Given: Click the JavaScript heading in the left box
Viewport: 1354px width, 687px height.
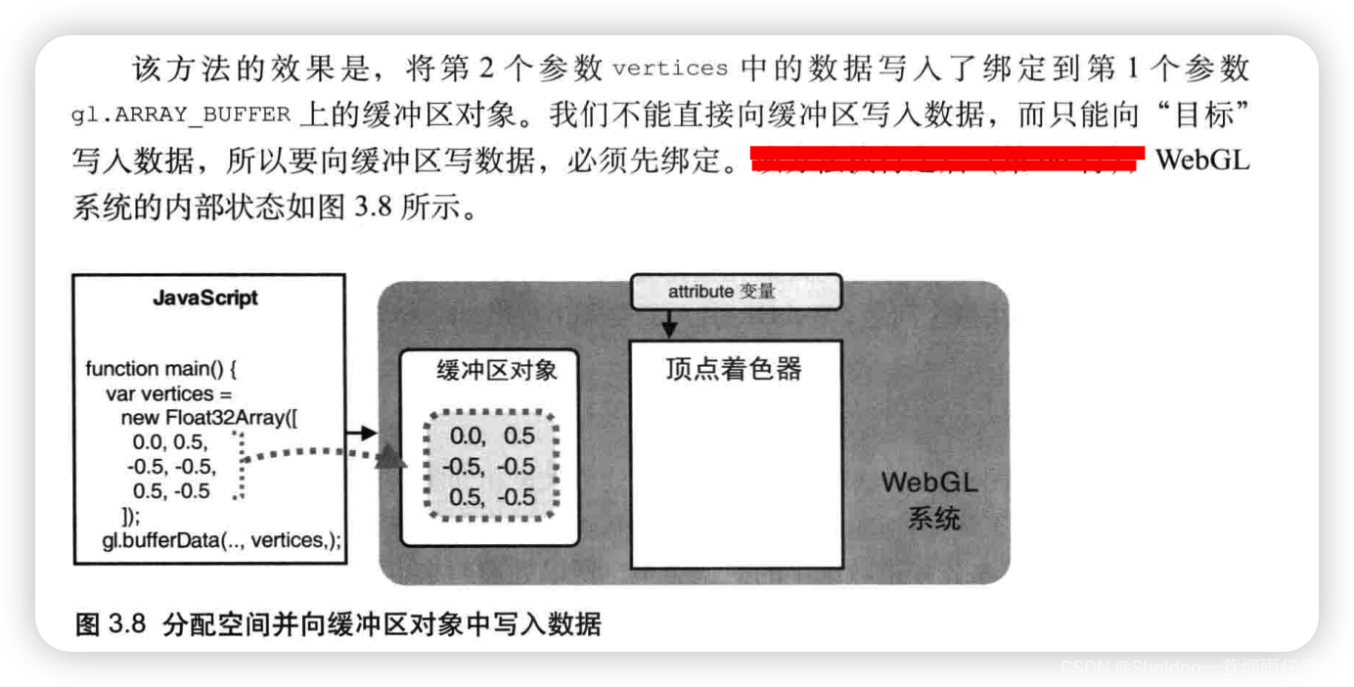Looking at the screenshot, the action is coord(206,298).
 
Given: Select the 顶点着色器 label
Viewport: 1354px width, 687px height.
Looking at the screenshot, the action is coord(734,369).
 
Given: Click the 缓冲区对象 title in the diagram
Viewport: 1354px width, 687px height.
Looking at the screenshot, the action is coord(497,370).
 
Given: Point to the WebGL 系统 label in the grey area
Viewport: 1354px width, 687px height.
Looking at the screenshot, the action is coord(929,499).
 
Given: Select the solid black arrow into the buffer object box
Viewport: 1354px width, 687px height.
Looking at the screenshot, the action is coord(362,433).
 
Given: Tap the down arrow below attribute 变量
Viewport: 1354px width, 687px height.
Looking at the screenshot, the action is coord(669,323).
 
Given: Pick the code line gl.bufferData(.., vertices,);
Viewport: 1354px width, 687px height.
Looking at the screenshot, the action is coord(222,540).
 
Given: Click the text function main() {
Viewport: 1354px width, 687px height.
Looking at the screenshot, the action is coord(161,369).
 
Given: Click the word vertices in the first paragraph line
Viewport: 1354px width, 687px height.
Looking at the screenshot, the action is coord(670,69).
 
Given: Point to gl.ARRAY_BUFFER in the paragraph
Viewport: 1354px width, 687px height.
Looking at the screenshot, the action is coord(181,114).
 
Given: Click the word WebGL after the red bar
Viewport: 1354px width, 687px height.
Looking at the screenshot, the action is coord(1202,160).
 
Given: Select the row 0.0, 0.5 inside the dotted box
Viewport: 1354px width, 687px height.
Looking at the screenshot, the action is coord(492,436).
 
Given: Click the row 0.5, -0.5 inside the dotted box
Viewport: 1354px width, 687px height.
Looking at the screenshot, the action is coord(492,497).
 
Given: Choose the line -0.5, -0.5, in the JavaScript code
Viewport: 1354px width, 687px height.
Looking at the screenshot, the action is coord(171,467).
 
